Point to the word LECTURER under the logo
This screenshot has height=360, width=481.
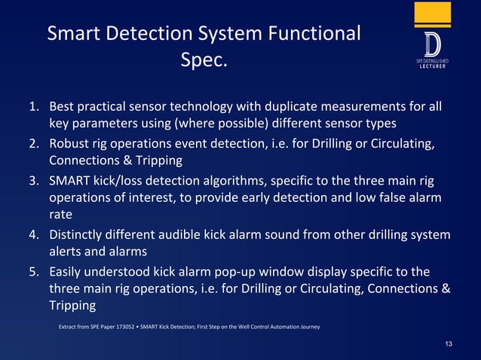pyautogui.click(x=433, y=66)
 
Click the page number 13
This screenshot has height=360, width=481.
pyautogui.click(x=449, y=344)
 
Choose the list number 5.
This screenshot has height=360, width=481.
pyautogui.click(x=34, y=271)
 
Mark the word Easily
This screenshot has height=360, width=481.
pyautogui.click(x=69, y=271)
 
